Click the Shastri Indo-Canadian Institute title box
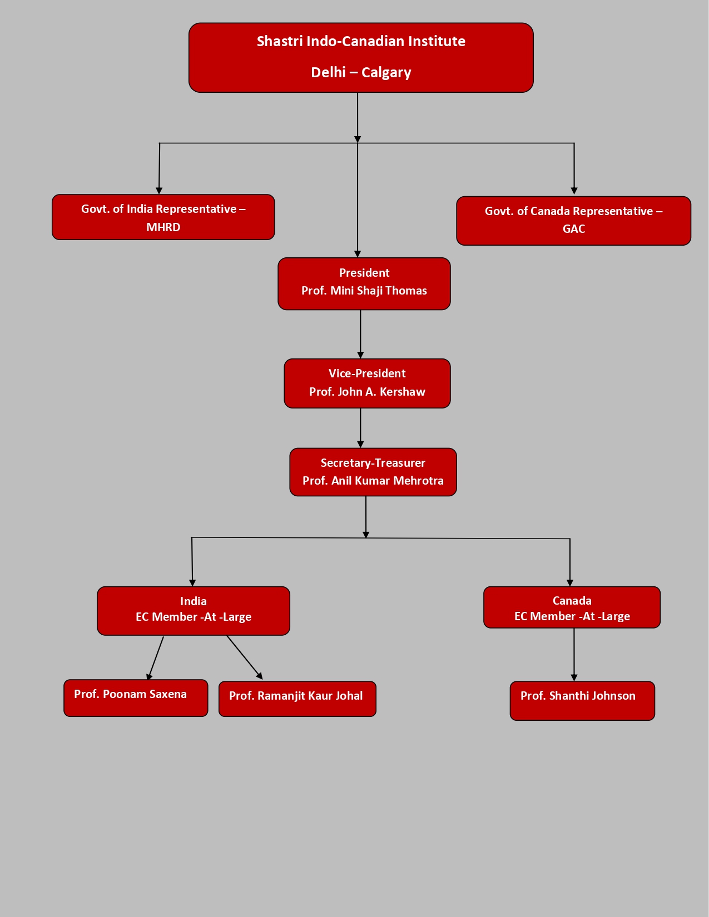pyautogui.click(x=361, y=57)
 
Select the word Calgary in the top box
pyautogui.click(x=386, y=73)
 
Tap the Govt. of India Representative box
pyautogui.click(x=163, y=217)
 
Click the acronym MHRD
pyautogui.click(x=163, y=227)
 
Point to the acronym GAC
pyautogui.click(x=573, y=229)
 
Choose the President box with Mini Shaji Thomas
pyautogui.click(x=364, y=283)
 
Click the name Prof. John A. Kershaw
pyautogui.click(x=367, y=392)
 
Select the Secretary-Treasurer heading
pyautogui.click(x=373, y=463)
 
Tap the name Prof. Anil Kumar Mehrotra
pyautogui.click(x=373, y=481)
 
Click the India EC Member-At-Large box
pyautogui.click(x=194, y=610)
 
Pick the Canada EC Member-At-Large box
pyautogui.click(x=572, y=607)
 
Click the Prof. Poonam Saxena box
pyautogui.click(x=136, y=697)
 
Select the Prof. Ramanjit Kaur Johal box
pyautogui.click(x=297, y=699)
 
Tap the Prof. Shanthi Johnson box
pyautogui.click(x=582, y=700)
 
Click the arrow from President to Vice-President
pyautogui.click(x=360, y=333)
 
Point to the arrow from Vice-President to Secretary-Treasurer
pyautogui.click(x=360, y=428)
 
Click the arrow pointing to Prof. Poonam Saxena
pyautogui.click(x=156, y=658)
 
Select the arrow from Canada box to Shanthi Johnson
pyautogui.click(x=574, y=654)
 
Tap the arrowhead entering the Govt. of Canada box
pyautogui.click(x=574, y=191)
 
